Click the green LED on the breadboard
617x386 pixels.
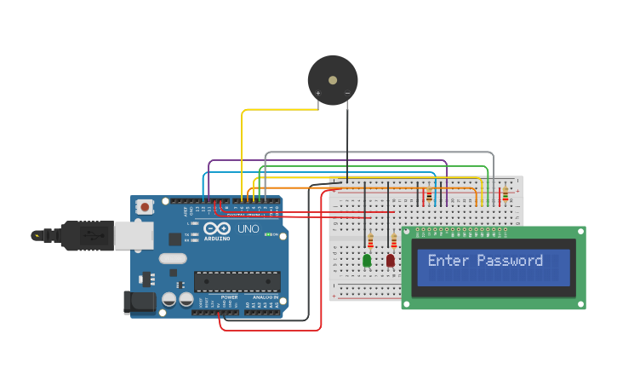tap(367, 260)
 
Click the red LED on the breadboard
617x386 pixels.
tap(391, 260)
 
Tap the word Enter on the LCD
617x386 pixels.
tap(448, 261)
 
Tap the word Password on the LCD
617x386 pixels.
tap(510, 261)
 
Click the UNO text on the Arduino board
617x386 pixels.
tap(248, 229)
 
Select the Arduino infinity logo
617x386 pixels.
tap(216, 228)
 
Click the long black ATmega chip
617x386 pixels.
tap(237, 281)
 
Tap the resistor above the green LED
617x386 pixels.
tap(370, 241)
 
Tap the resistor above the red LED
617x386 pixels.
tap(393, 241)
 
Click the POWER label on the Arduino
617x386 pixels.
tap(229, 297)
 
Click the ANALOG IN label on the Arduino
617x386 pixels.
tap(265, 297)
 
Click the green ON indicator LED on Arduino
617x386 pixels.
tap(268, 234)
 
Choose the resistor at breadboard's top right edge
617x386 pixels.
tap(506, 195)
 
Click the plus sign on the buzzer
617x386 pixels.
tap(318, 93)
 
